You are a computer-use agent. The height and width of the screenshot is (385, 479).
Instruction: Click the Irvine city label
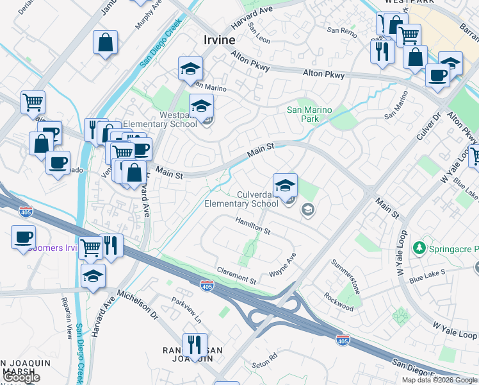[219, 40]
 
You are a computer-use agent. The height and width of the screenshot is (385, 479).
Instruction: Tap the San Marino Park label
[309, 114]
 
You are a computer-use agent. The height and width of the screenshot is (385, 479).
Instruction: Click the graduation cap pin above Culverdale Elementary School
[285, 185]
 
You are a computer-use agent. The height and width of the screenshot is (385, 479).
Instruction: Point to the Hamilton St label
[253, 225]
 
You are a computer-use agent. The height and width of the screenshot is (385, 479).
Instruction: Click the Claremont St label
[236, 277]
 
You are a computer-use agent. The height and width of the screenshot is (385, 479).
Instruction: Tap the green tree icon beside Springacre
[419, 247]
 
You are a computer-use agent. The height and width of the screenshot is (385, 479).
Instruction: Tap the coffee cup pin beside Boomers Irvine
[23, 237]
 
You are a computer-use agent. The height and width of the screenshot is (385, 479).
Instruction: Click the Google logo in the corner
[21, 377]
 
